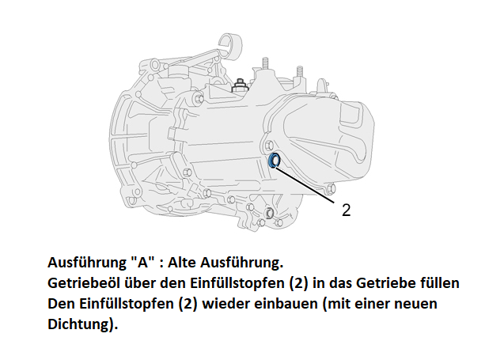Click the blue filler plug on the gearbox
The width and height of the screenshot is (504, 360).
coord(274,161)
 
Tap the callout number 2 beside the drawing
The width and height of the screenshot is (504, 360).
coord(347,210)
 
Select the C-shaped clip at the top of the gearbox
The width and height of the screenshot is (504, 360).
coord(229,46)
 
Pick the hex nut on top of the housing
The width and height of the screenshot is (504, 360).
coord(239,85)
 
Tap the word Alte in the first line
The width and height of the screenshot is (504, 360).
coord(182,263)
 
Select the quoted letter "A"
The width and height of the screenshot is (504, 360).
coord(143,263)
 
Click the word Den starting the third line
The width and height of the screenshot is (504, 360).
coord(61,304)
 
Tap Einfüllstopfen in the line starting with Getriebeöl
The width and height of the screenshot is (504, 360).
coord(237,283)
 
